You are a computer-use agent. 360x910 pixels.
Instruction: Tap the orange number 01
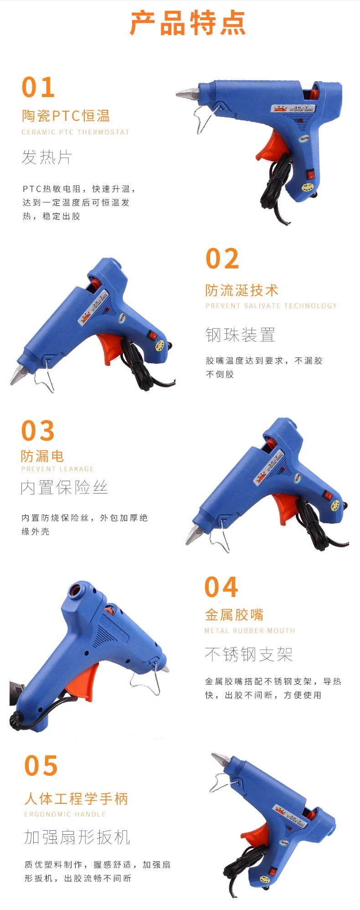click(38, 87)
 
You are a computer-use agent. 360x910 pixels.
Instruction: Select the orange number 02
click(222, 259)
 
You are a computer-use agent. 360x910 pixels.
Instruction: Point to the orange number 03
click(38, 431)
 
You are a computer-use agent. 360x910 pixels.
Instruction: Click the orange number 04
click(221, 587)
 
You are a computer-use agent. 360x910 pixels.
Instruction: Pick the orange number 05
click(41, 766)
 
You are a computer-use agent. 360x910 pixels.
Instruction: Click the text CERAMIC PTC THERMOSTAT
click(76, 132)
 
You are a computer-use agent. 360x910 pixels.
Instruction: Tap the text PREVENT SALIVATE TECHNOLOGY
click(271, 306)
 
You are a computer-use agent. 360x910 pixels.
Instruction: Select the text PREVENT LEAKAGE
click(57, 469)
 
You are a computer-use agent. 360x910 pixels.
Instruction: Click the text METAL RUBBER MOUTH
click(250, 631)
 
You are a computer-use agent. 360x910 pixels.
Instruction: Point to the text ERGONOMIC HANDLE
click(65, 814)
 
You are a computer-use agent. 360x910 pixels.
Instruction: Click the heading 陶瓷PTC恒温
click(66, 116)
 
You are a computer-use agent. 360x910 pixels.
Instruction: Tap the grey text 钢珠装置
click(240, 335)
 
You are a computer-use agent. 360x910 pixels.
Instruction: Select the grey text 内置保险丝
click(64, 488)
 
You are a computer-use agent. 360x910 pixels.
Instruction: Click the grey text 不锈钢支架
click(248, 654)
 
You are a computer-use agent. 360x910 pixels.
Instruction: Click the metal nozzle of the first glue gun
click(186, 94)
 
